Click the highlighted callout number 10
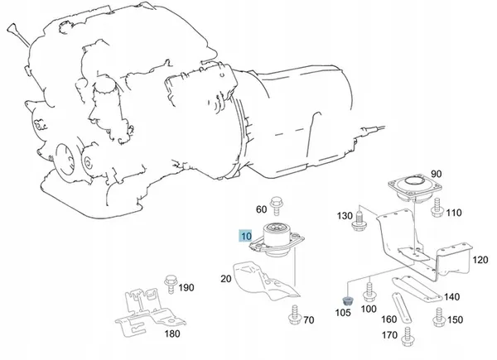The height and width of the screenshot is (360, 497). point(244,236)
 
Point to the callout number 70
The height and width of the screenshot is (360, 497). point(308,319)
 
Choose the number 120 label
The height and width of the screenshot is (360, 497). point(480,259)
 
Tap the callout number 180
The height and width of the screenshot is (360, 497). point(171,334)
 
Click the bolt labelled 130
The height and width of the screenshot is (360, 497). point(359,218)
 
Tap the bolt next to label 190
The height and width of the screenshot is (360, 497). point(171,284)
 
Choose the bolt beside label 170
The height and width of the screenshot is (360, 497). point(407,337)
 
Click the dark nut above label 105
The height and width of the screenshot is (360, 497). point(347,298)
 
